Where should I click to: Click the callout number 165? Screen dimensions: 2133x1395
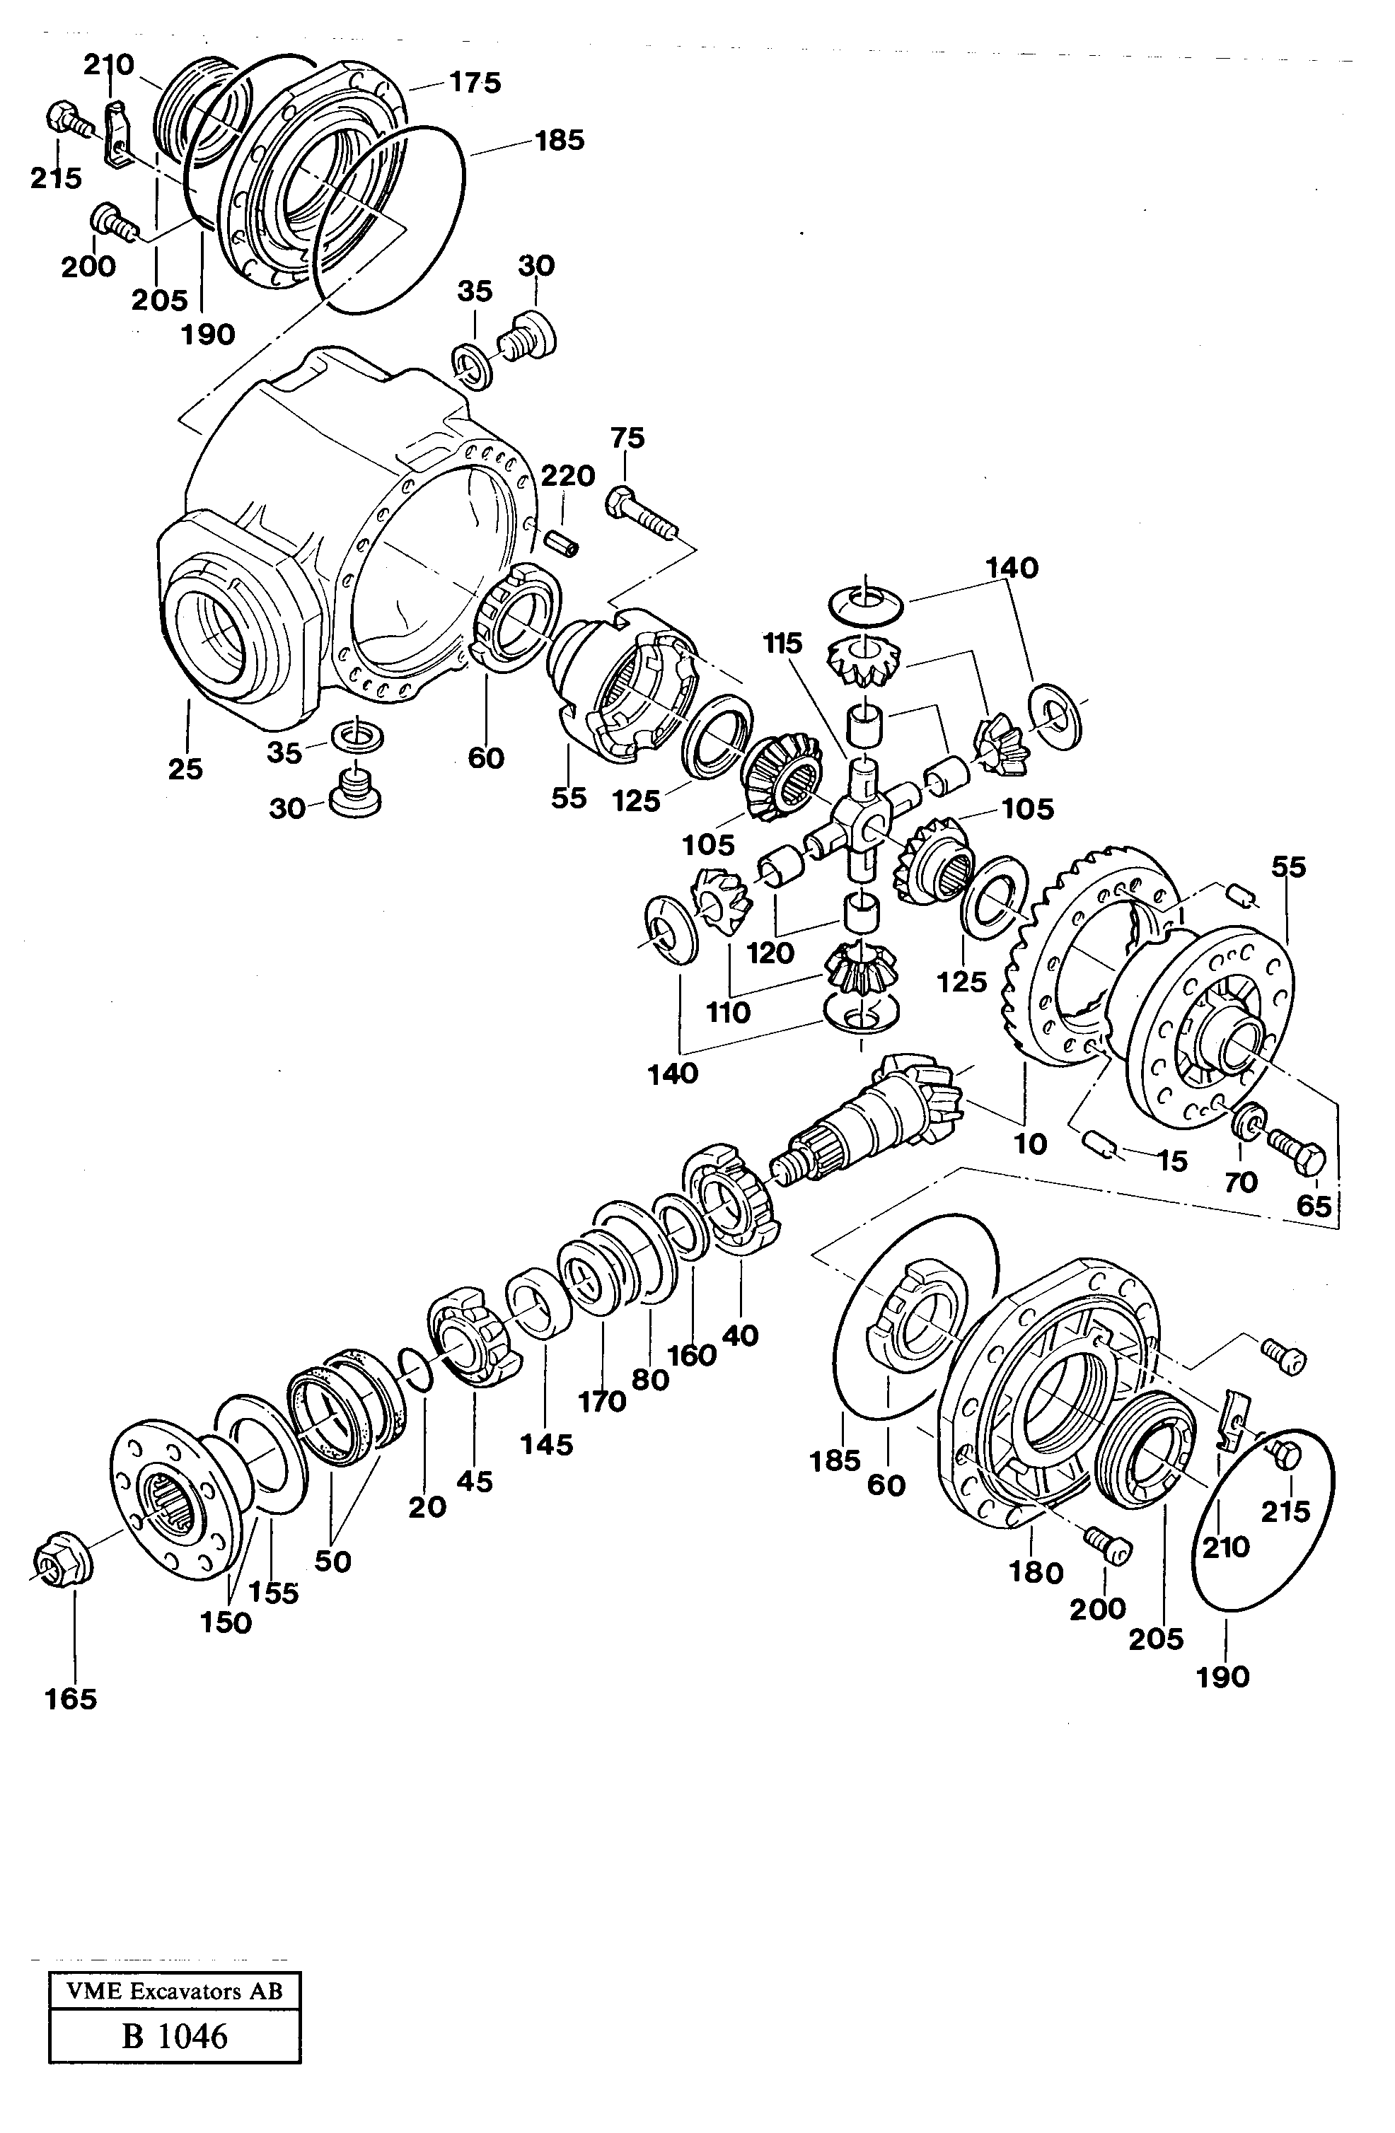coord(71,1699)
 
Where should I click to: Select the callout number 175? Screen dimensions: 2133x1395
coord(475,83)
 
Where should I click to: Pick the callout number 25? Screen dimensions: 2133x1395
coord(185,769)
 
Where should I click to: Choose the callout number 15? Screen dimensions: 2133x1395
coord(1171,1163)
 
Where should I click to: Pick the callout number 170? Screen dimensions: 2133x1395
coord(601,1402)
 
